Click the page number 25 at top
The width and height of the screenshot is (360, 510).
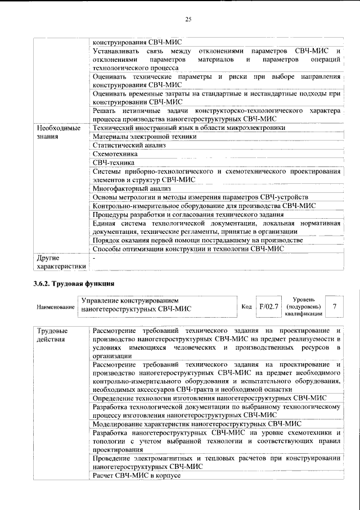pos(188,20)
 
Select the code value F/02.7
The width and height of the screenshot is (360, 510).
pos(268,306)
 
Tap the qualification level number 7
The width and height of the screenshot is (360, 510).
pos(335,306)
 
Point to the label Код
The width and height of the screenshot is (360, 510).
pos(246,306)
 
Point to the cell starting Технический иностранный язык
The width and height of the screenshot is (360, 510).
pos(189,128)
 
